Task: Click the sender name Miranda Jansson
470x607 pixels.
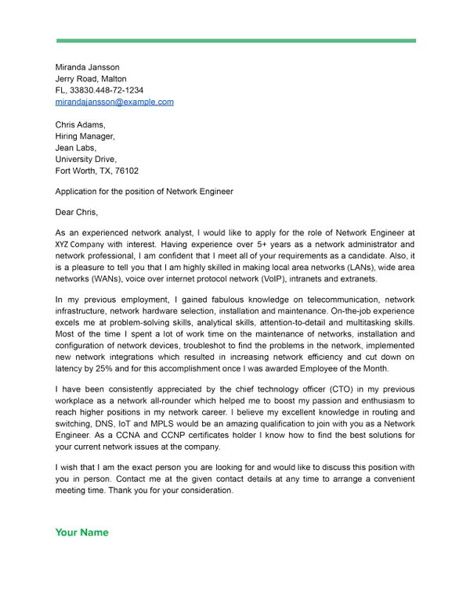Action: [89, 66]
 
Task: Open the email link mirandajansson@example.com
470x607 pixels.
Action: [114, 102]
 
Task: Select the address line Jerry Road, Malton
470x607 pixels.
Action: [91, 78]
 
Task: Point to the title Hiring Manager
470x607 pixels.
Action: [85, 136]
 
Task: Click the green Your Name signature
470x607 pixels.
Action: [81, 533]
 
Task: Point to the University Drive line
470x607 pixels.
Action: [85, 159]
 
